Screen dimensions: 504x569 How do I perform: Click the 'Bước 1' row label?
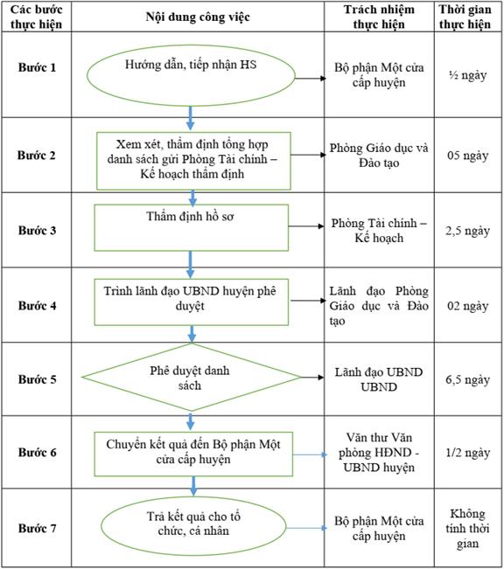[x=37, y=67]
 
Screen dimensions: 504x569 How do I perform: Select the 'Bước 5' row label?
[x=38, y=379]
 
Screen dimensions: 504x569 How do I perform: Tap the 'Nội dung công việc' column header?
[x=198, y=17]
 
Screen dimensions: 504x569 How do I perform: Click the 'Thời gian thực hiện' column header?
[x=465, y=17]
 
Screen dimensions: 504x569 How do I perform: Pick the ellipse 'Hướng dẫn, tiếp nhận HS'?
[x=191, y=75]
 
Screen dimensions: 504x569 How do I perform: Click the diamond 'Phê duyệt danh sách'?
[x=192, y=377]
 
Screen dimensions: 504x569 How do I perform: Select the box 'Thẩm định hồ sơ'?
[x=191, y=227]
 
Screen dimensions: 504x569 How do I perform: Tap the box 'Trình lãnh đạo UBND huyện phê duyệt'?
[x=191, y=302]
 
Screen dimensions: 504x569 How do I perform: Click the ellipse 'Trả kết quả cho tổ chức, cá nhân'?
[x=193, y=526]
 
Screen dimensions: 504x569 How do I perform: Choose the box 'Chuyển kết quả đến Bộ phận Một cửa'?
[x=193, y=454]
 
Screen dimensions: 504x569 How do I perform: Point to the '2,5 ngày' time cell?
[x=467, y=231]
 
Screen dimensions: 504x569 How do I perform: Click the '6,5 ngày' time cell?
[x=467, y=379]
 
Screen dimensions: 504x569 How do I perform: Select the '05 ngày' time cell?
[x=467, y=156]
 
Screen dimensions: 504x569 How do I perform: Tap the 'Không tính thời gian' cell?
[x=467, y=528]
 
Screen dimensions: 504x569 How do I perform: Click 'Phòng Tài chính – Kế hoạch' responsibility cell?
[x=379, y=231]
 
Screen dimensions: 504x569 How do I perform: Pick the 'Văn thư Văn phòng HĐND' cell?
[x=379, y=453]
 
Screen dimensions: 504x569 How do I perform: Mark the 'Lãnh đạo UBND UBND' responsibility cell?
[x=379, y=379]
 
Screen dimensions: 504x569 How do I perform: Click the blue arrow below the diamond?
[x=191, y=421]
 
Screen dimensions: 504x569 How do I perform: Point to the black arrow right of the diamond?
[x=312, y=378]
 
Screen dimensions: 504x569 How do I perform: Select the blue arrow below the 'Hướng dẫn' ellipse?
[x=190, y=118]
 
